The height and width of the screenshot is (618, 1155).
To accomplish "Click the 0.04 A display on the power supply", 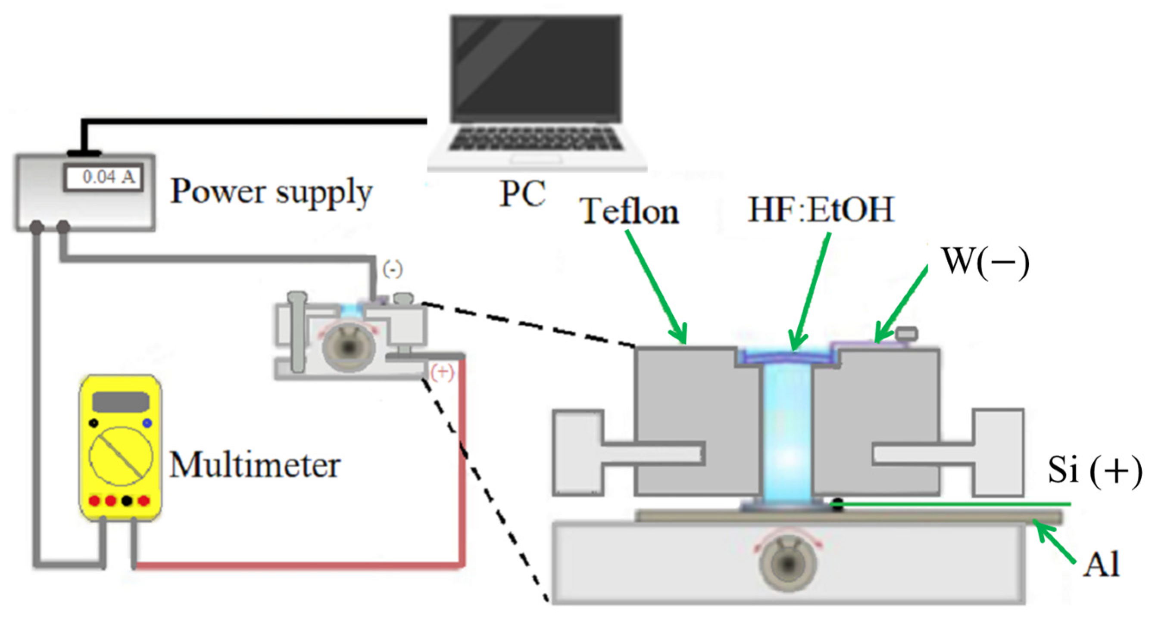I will [x=103, y=177].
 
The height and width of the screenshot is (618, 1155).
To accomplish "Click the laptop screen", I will [x=536, y=67].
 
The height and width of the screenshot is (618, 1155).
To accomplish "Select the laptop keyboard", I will [x=536, y=139].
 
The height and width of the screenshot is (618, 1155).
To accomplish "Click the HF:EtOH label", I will [x=821, y=210].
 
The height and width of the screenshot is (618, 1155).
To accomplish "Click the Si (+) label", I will [x=1094, y=471].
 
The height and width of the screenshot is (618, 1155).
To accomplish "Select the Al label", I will [x=1101, y=565].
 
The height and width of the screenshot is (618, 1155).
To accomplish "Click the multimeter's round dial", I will [x=121, y=456].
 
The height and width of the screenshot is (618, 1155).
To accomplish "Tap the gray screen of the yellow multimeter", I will [x=121, y=401].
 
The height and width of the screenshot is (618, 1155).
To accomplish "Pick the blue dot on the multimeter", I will [x=147, y=423].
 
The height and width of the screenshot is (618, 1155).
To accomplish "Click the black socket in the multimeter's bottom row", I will [x=127, y=500].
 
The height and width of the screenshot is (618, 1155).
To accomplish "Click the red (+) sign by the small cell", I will [x=442, y=372].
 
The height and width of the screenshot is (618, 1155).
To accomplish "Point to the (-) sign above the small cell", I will [x=392, y=270].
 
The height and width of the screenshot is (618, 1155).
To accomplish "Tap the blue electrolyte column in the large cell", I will [x=787, y=435].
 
